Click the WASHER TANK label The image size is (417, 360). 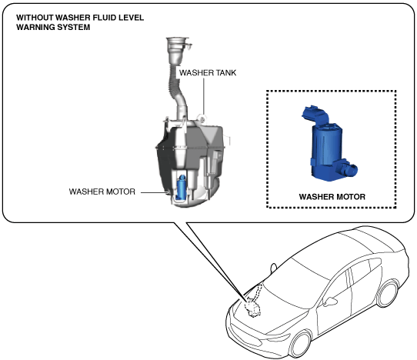click(208, 72)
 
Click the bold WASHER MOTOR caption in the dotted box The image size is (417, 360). click(332, 197)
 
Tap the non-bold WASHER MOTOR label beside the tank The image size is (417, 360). click(102, 192)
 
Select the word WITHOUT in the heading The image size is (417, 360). click(35, 18)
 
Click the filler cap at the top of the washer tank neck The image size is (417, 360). click(178, 43)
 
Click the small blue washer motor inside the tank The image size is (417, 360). click(182, 187)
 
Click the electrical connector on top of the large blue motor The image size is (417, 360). click(316, 114)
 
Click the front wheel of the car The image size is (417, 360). click(301, 344)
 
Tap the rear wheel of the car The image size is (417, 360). click(387, 294)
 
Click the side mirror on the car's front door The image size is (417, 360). click(330, 302)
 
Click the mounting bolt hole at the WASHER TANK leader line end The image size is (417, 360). click(202, 119)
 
